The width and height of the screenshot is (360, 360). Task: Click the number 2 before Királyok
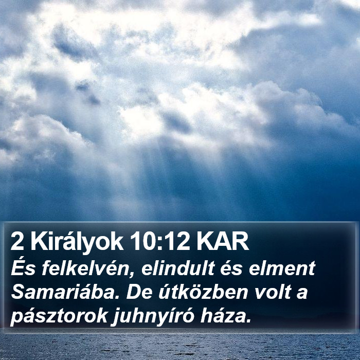coord(17,242)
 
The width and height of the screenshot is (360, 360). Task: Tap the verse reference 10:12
coord(160,242)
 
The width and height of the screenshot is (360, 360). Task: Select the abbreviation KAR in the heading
coord(223,242)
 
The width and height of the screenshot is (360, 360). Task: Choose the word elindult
coord(178,268)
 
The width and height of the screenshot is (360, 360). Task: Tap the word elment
coord(282,268)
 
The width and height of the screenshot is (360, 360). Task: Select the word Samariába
coord(65,292)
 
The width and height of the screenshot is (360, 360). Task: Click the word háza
coord(222,316)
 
